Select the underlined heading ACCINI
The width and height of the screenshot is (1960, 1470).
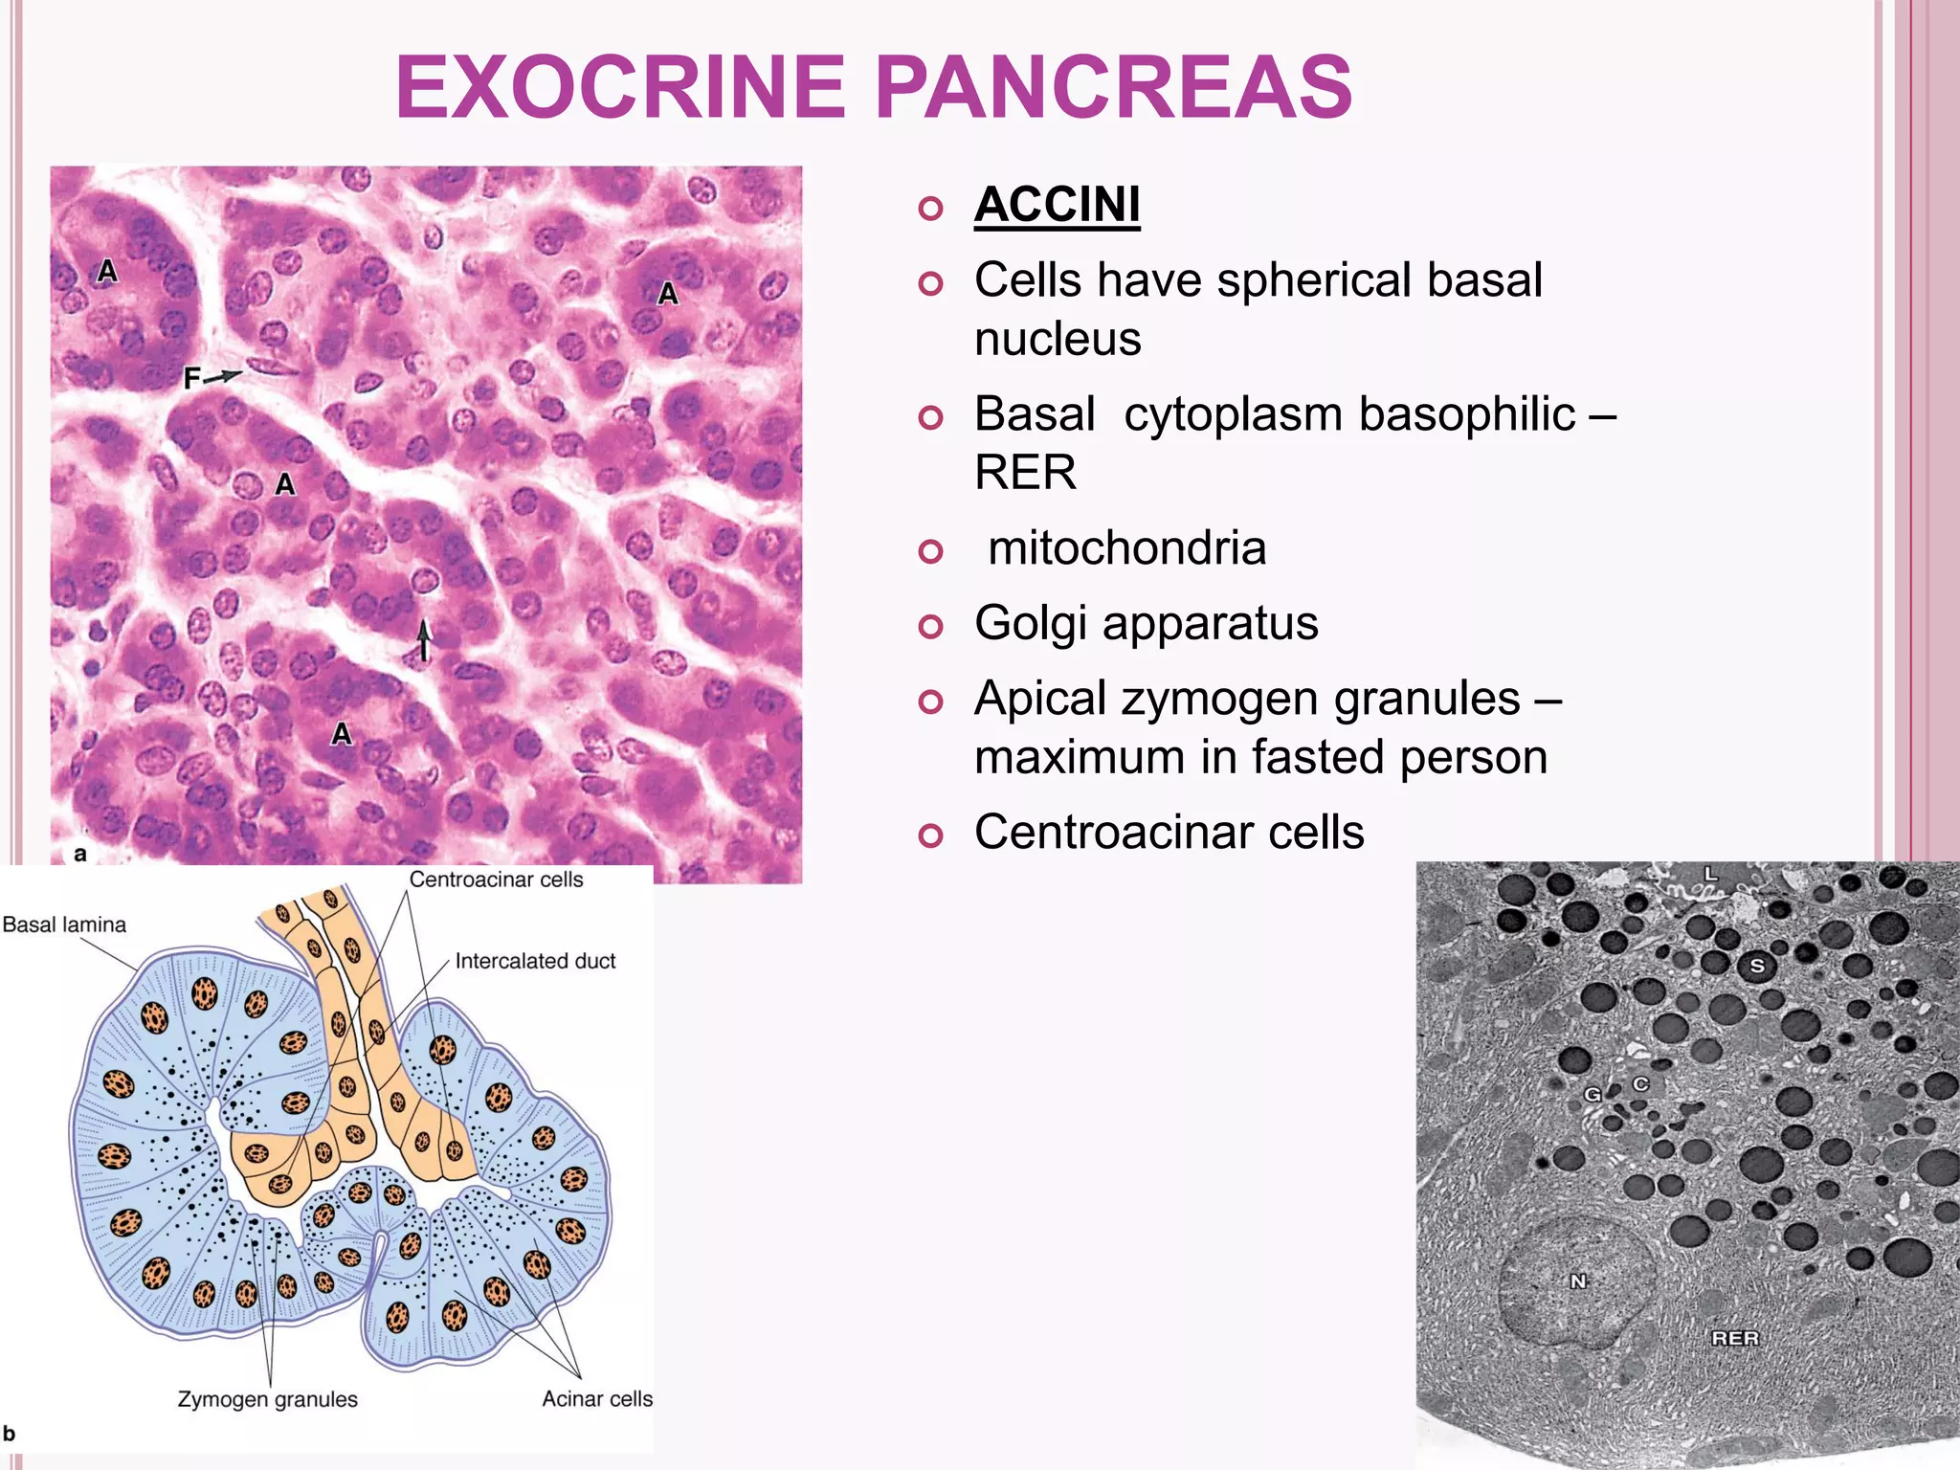pyautogui.click(x=1057, y=205)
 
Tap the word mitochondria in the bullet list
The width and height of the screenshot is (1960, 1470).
pyautogui.click(x=1126, y=548)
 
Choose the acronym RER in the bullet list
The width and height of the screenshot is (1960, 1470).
pyautogui.click(x=1025, y=473)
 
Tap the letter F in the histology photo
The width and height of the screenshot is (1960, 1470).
pyautogui.click(x=192, y=379)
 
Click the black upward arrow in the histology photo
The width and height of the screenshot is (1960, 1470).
pyautogui.click(x=424, y=639)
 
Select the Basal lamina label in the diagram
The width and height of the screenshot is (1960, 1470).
pyautogui.click(x=64, y=924)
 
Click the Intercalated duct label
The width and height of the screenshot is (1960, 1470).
pyautogui.click(x=535, y=961)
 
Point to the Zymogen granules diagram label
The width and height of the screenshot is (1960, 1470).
pyautogui.click(x=268, y=1399)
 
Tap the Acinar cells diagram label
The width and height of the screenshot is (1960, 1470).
pyautogui.click(x=597, y=1399)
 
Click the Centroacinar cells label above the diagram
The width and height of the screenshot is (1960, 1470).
pyautogui.click(x=496, y=880)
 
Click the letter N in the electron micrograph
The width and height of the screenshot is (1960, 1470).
pyautogui.click(x=1578, y=1281)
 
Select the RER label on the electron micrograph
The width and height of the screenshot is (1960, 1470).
pyautogui.click(x=1735, y=1338)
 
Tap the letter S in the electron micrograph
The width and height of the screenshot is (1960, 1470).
pyautogui.click(x=1756, y=966)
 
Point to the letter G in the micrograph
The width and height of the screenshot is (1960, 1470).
pyautogui.click(x=1592, y=1094)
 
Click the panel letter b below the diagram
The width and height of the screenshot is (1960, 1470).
pyautogui.click(x=10, y=1434)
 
